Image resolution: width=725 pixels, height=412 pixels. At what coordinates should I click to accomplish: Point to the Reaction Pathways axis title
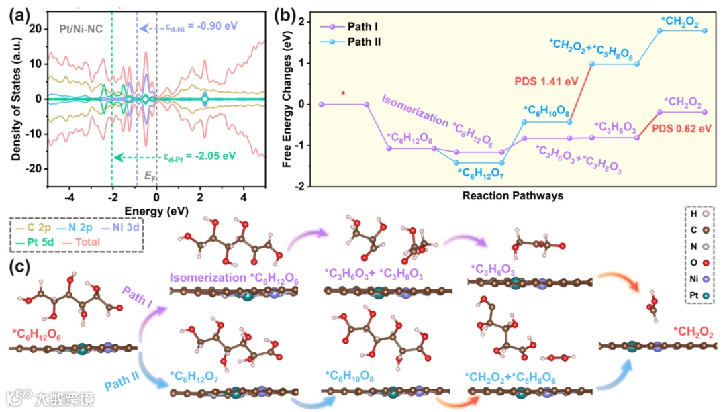click(x=512, y=196)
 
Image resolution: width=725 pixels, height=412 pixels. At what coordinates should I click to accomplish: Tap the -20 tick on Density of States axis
click(x=34, y=168)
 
